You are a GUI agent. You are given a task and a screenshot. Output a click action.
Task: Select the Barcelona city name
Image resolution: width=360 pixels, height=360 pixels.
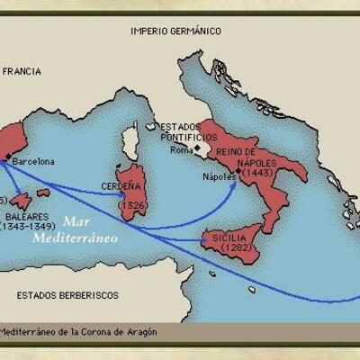tap(34, 162)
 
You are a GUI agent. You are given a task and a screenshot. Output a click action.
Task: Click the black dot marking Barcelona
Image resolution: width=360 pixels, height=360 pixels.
tap(8, 157)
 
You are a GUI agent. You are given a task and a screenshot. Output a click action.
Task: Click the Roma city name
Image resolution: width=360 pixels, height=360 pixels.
tap(181, 149)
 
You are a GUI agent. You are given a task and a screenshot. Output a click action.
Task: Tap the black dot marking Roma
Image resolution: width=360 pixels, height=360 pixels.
tap(197, 146)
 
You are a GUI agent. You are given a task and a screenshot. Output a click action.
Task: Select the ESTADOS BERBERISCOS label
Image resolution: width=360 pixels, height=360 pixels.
tap(68, 293)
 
